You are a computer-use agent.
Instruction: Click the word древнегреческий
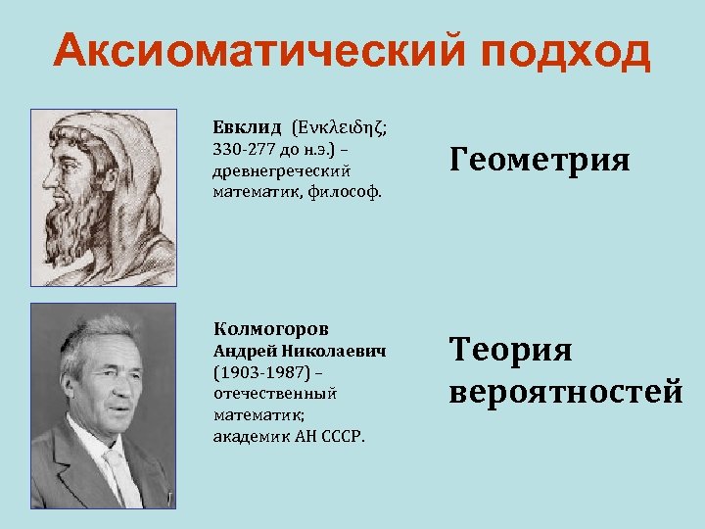267,170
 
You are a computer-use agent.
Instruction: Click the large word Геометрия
540,158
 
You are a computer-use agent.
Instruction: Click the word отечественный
275,393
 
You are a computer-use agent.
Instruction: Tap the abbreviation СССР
344,436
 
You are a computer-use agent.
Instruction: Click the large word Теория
510,349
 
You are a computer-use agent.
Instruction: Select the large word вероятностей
566,392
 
